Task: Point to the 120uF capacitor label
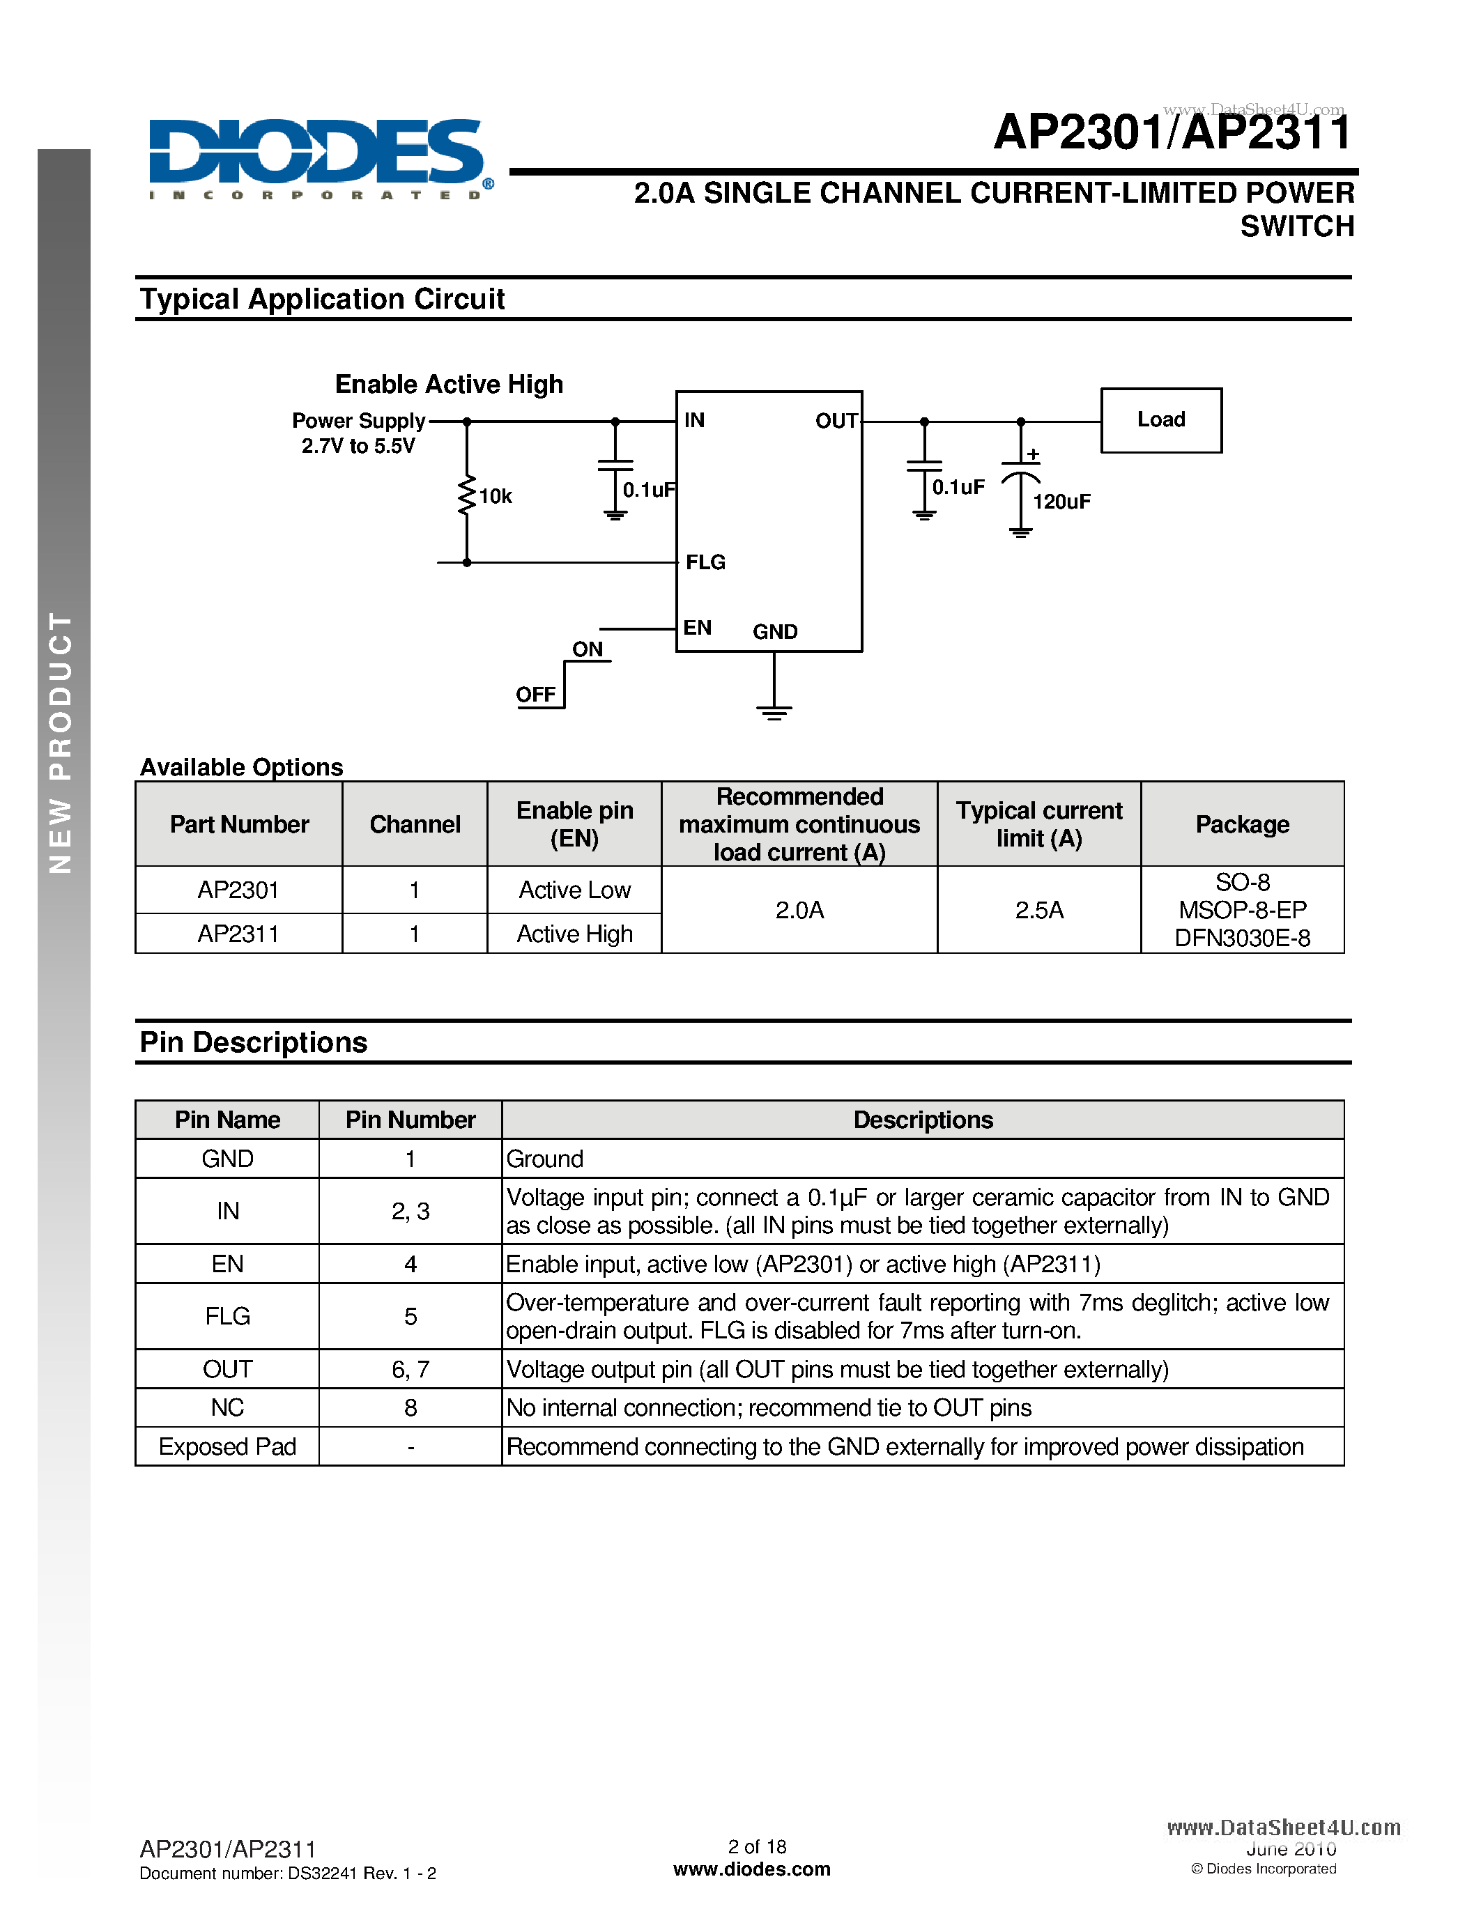pos(1061,502)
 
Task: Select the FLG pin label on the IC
pos(705,562)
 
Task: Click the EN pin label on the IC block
pos(698,628)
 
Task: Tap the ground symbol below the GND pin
pos(774,711)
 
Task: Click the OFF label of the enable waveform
pos(535,695)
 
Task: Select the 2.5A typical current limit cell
pos(1039,910)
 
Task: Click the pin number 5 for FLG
pos(410,1316)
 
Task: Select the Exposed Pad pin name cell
pos(227,1446)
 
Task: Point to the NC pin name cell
pos(227,1407)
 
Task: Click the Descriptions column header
pos(922,1120)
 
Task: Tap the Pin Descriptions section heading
pos(254,1042)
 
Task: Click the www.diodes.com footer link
pos(752,1869)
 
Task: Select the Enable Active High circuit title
pos(450,385)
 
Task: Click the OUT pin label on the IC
pos(835,421)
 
